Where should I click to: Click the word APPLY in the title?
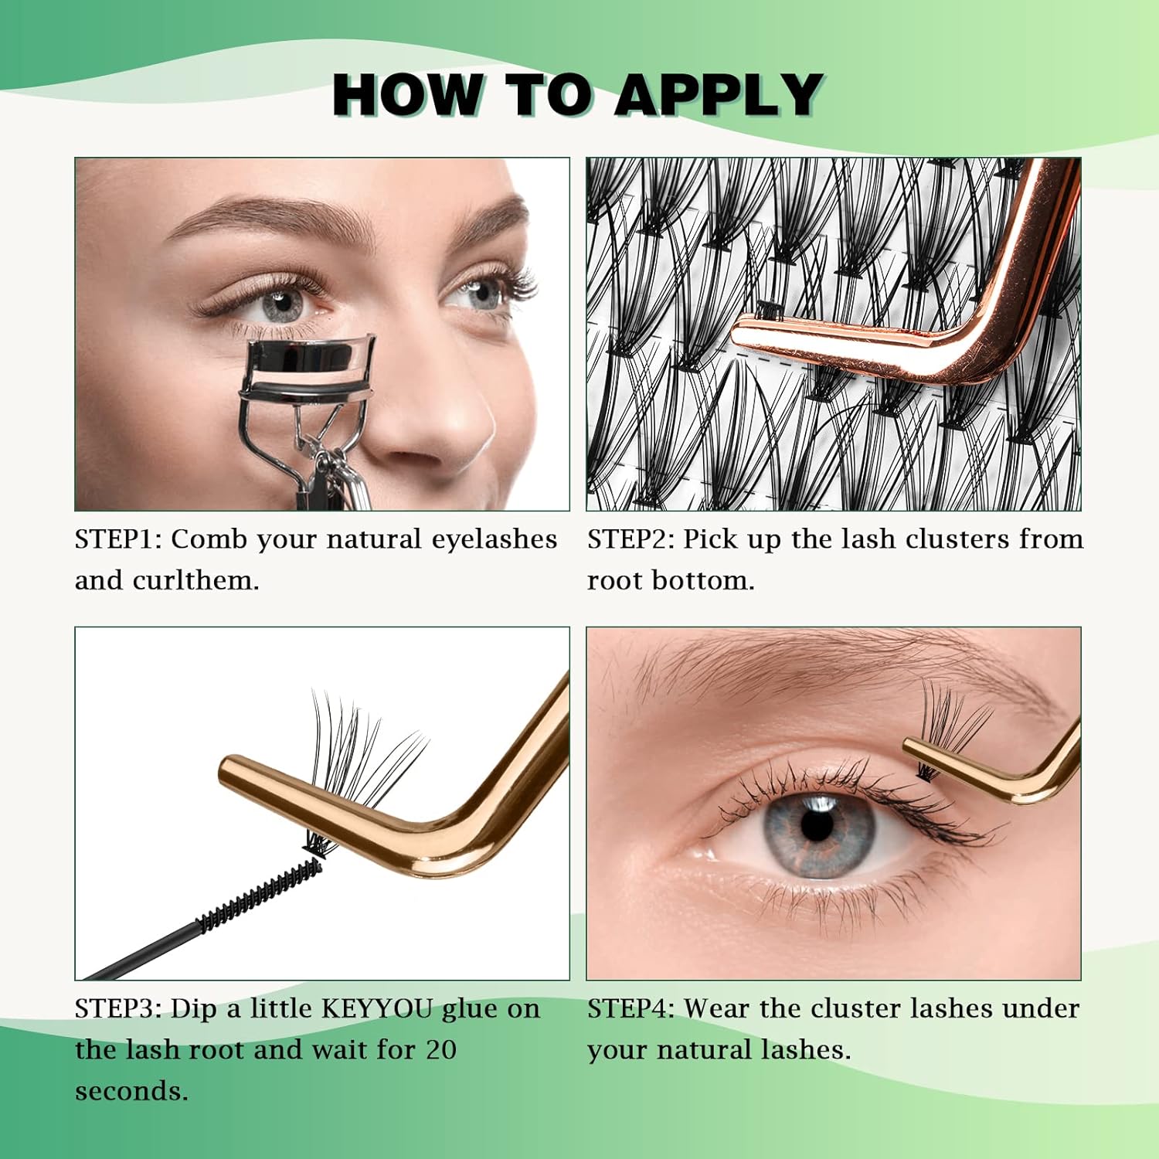coord(719,94)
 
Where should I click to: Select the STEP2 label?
coord(630,539)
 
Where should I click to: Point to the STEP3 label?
coord(118,1008)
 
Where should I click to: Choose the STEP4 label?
coord(630,1008)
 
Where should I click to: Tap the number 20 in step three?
coord(440,1050)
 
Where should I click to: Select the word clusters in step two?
coord(957,539)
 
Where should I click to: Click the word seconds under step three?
coord(131,1091)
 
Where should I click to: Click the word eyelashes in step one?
coord(494,539)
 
